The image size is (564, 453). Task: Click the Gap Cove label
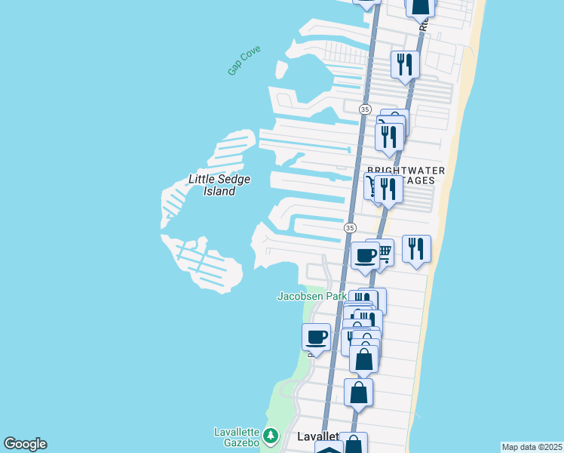[x=244, y=60]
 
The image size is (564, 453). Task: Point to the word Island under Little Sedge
[x=219, y=191]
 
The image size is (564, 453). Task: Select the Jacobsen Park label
[x=311, y=296]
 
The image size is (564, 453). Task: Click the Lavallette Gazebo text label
[x=237, y=437]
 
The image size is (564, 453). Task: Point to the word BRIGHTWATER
[x=401, y=170]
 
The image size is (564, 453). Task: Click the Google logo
[x=25, y=444]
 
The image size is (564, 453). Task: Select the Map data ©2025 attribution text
[x=531, y=447]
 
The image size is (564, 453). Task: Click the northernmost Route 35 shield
[x=365, y=109]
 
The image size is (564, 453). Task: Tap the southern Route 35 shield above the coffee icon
[x=350, y=227]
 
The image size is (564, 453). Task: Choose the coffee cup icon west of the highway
[x=316, y=337]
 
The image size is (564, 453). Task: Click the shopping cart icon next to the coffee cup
[x=385, y=251]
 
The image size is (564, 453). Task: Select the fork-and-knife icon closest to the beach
[x=416, y=248]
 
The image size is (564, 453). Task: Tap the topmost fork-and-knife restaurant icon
[x=405, y=64]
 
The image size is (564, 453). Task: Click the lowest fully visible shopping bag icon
[x=358, y=392]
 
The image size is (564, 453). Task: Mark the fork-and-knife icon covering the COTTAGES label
[x=388, y=189]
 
